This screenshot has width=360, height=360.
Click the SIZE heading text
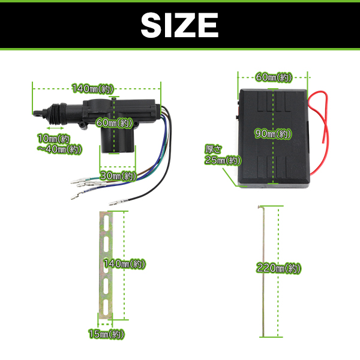point(179,25)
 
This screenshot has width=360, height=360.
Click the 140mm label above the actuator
point(93,89)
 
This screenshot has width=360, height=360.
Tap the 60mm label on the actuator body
point(114,123)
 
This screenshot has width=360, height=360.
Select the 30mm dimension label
point(118,176)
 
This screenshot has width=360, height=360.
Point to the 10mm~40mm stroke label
point(59,144)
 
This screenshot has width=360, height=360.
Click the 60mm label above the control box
point(274,77)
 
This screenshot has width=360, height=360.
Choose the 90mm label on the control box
point(273,134)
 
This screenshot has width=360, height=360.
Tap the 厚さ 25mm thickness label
point(223,155)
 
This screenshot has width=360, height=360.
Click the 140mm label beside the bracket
point(124,264)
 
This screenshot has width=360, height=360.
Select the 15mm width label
point(106,334)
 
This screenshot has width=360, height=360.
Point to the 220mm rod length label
point(278,268)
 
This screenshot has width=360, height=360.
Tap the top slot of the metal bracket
point(106,223)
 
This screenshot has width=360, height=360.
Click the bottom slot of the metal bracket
point(106,307)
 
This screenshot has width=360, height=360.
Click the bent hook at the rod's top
point(261,207)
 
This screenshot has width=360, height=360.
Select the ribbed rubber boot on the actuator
point(57,113)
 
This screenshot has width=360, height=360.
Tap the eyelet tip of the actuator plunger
point(37,113)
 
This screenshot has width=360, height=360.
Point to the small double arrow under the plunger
point(55,128)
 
